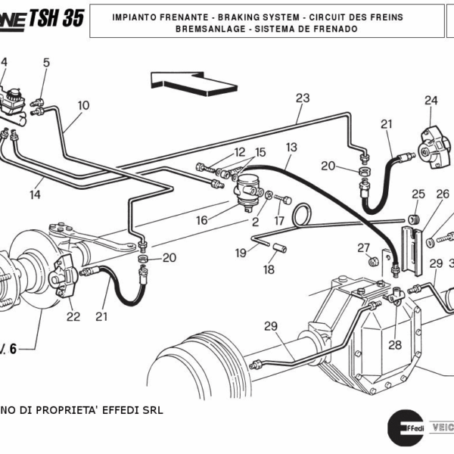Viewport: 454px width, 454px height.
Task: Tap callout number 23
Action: [303, 98]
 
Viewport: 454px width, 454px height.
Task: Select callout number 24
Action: [431, 101]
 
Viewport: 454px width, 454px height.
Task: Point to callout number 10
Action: [83, 105]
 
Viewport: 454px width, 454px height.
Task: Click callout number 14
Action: [36, 195]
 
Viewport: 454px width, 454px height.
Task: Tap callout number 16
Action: [202, 220]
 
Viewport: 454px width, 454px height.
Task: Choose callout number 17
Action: [278, 222]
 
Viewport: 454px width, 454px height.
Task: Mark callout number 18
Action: [269, 269]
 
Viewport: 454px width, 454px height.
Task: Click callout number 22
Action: [73, 316]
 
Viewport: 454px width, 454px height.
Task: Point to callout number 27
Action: [364, 247]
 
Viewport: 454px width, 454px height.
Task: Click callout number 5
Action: [45, 63]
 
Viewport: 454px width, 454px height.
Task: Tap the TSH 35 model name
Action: [56, 18]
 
